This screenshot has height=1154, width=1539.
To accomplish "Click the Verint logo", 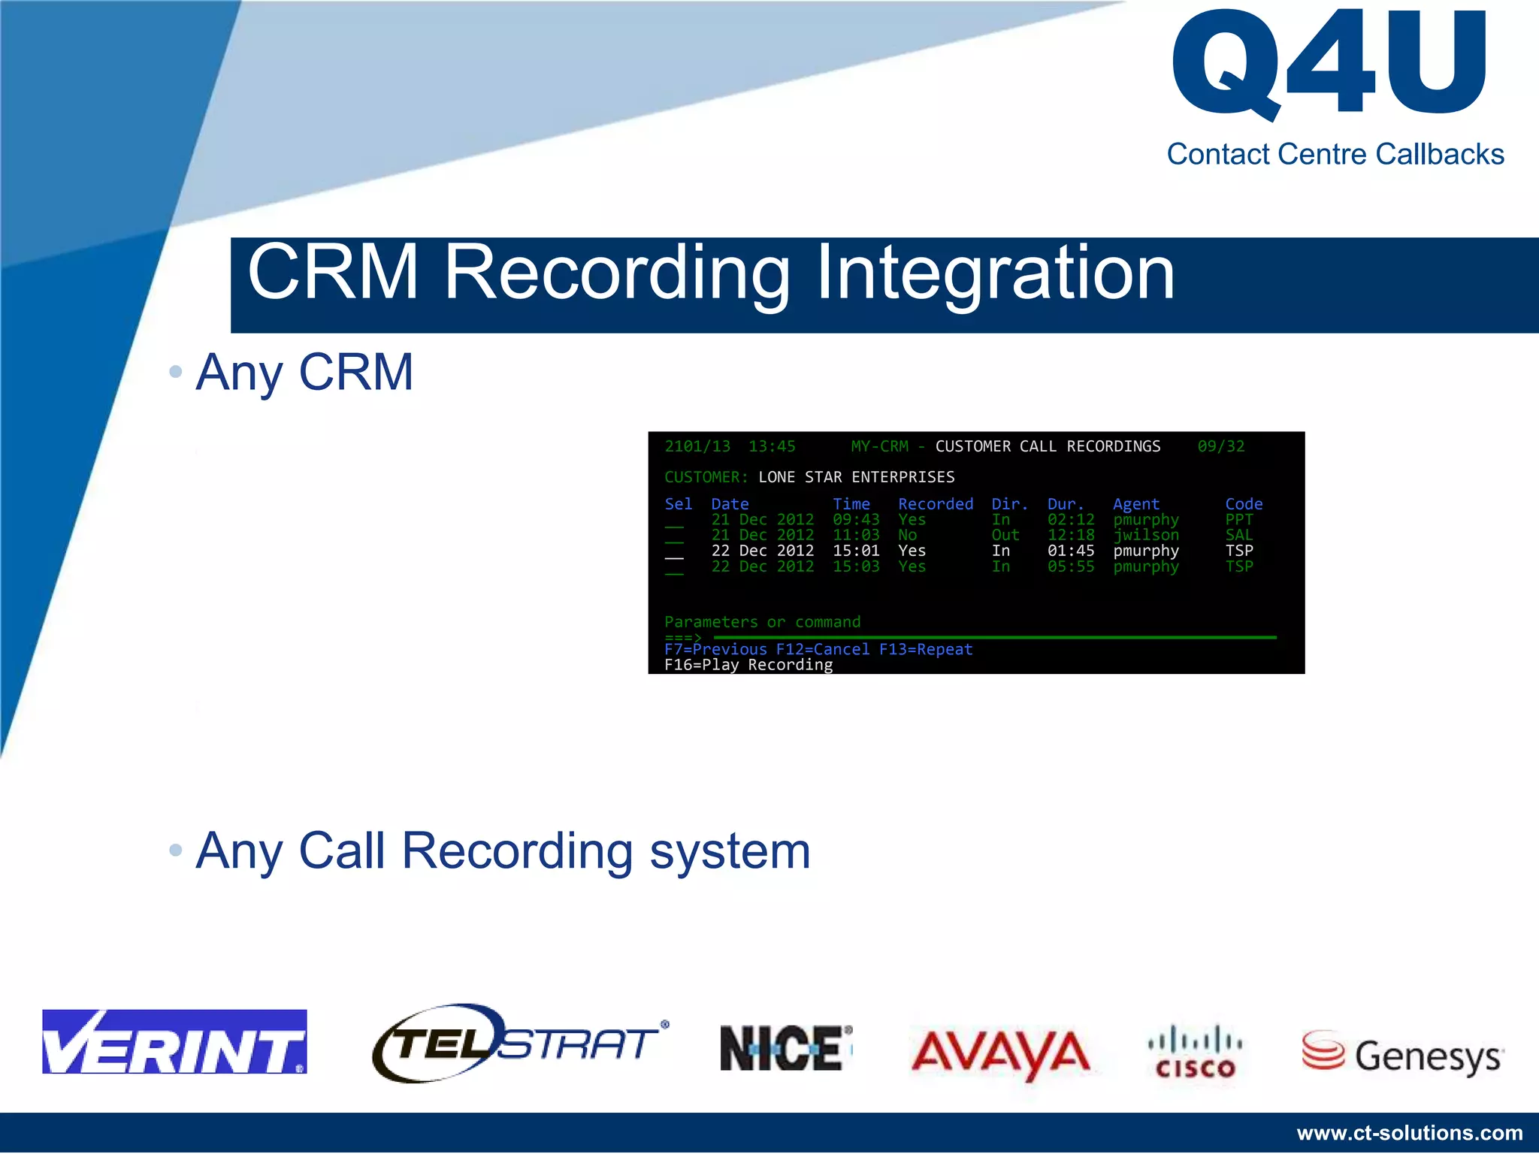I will pyautogui.click(x=174, y=1041).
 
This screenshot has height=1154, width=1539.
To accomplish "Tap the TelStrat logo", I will pyautogui.click(x=519, y=1043).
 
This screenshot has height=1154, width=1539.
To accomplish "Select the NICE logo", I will pyautogui.click(x=785, y=1047).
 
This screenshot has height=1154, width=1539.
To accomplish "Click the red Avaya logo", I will pyautogui.click(x=1000, y=1052).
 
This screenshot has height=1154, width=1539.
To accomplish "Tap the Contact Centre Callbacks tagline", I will pyautogui.click(x=1335, y=154).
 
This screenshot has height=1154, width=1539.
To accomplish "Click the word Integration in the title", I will pyautogui.click(x=995, y=272).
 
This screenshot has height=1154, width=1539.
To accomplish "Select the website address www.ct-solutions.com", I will pyautogui.click(x=1410, y=1132).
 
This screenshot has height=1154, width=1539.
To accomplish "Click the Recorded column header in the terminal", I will pyautogui.click(x=935, y=504).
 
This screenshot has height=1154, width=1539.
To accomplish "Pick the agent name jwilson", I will pyautogui.click(x=1145, y=535).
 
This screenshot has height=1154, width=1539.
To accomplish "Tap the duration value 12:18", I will pyautogui.click(x=1070, y=535).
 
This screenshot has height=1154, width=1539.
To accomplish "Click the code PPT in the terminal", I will pyautogui.click(x=1238, y=520).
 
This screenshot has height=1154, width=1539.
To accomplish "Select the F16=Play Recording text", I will pyautogui.click(x=748, y=665).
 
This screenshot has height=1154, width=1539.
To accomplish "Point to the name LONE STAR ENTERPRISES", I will pyautogui.click(x=856, y=477).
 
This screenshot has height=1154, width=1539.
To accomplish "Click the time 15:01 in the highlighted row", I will pyautogui.click(x=855, y=551).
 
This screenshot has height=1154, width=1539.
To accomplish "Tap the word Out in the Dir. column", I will pyautogui.click(x=1005, y=535).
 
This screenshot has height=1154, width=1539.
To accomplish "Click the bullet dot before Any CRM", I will pyautogui.click(x=176, y=371).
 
